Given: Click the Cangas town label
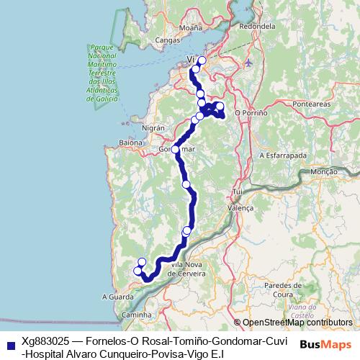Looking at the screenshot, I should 166,41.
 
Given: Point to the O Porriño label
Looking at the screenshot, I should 251,113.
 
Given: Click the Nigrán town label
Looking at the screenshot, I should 154,127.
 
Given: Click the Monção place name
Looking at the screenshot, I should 323,172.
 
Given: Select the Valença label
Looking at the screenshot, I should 241,207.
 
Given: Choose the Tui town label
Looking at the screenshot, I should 236,192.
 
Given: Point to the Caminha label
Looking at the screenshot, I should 136,315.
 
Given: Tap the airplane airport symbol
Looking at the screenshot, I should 249,63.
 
